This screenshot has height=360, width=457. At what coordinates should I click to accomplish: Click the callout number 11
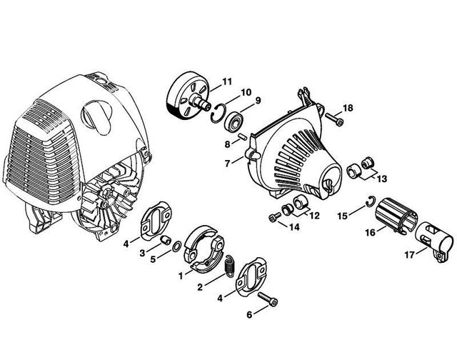point(227,81)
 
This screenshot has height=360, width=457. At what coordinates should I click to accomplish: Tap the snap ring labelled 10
point(218,114)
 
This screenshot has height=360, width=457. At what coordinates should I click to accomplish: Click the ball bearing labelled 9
point(233,121)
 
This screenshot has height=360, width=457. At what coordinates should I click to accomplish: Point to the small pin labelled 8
point(241,136)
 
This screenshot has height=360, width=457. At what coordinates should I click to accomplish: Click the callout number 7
point(228,164)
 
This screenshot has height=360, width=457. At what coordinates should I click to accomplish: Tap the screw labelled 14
point(274,216)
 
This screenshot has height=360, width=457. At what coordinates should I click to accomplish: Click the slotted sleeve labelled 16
point(396,215)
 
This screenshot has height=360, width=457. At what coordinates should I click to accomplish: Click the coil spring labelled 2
point(231,266)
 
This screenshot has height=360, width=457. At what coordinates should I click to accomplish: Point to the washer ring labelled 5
point(177,246)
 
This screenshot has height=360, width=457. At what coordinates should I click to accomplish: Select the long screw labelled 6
point(268,300)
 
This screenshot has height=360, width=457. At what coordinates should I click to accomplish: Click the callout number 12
point(314,216)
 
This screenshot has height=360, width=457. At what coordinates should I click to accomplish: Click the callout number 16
point(371,232)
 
